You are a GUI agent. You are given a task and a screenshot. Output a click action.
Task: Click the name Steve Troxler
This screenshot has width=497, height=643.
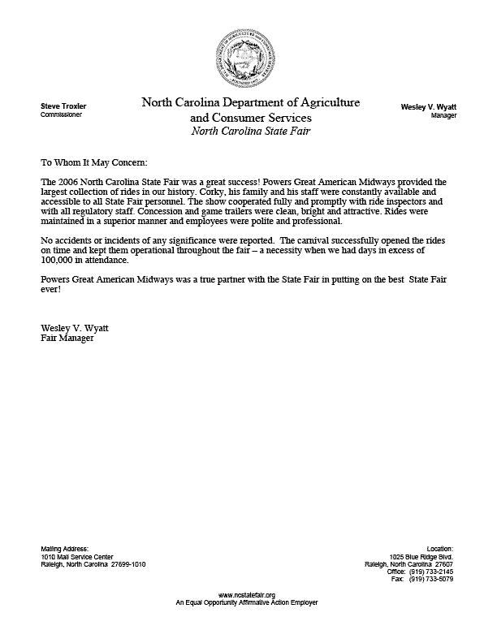(x=63, y=106)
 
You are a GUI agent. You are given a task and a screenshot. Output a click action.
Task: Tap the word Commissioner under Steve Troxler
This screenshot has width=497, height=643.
(x=60, y=115)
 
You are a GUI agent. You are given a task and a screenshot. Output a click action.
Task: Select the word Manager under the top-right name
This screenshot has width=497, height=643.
(x=443, y=115)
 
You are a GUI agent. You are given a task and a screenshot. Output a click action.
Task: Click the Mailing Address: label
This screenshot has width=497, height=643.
(x=64, y=549)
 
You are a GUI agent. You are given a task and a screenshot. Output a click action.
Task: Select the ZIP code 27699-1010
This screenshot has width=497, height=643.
(x=128, y=565)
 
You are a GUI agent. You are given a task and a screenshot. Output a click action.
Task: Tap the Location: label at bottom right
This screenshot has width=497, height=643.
(x=439, y=549)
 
